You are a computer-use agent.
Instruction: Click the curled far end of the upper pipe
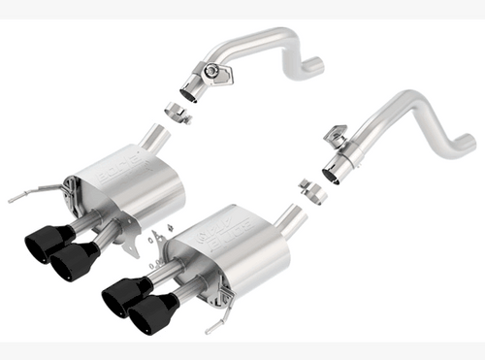pyautogui.click(x=311, y=67)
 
